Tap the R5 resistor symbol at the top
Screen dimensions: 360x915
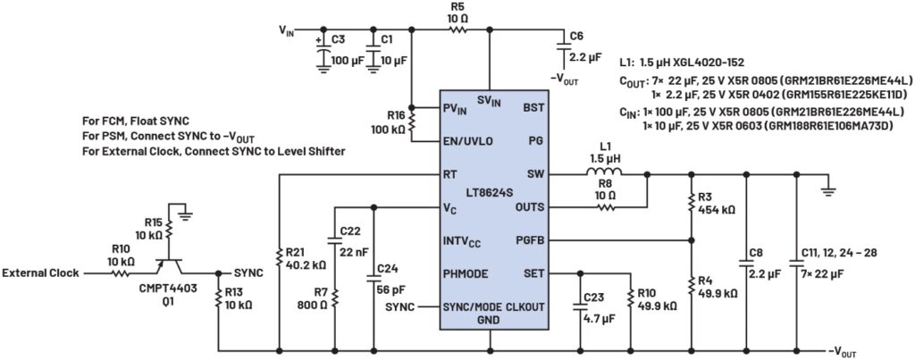pyautogui.click(x=458, y=29)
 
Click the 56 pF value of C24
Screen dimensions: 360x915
pyautogui.click(x=390, y=289)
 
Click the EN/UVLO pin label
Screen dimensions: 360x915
pyautogui.click(x=467, y=140)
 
